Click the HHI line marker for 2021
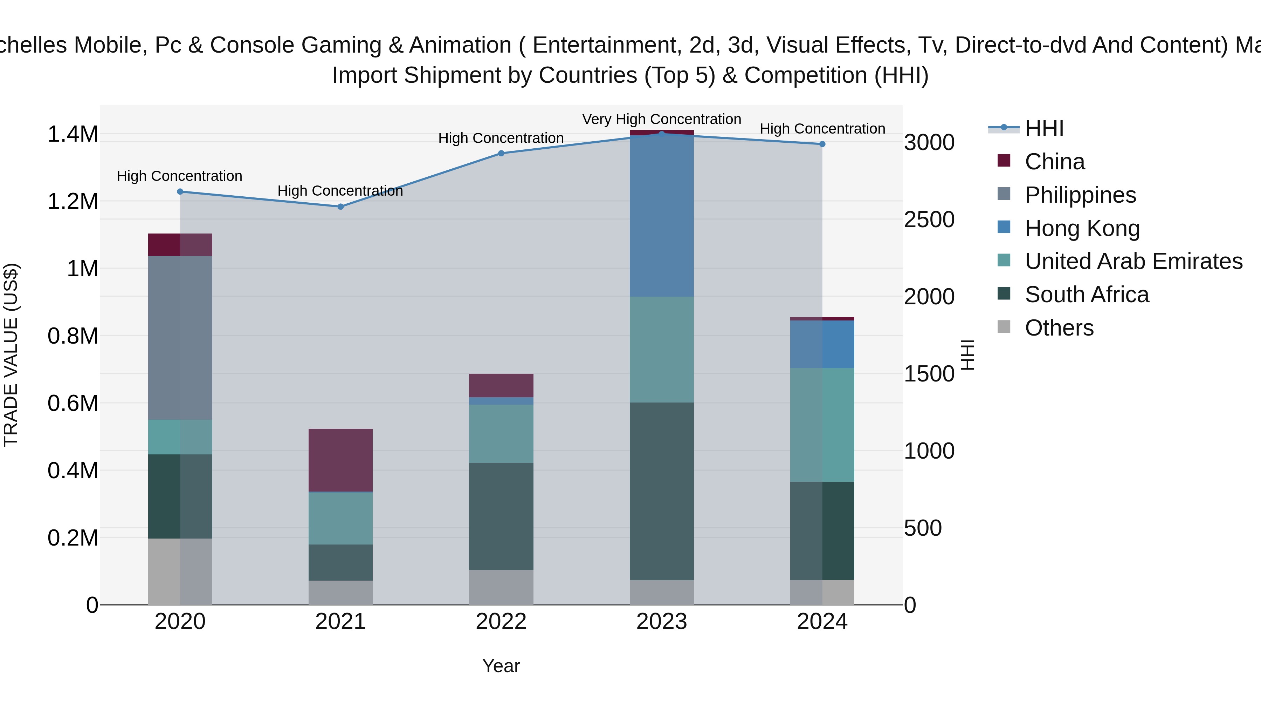point(341,207)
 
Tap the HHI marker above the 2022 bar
point(501,153)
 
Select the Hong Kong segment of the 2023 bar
point(661,216)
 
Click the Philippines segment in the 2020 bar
point(180,338)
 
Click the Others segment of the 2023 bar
point(661,593)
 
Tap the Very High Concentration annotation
point(661,119)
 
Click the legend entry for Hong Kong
point(1082,228)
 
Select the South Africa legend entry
point(1086,295)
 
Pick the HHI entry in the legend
point(1044,128)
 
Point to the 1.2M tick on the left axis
point(73,201)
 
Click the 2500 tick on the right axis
point(929,219)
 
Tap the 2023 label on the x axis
point(661,622)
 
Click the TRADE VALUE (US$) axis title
point(11,355)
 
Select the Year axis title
point(501,666)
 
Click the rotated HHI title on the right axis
point(968,355)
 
